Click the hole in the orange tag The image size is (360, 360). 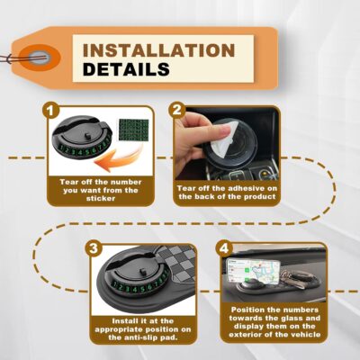click(37, 58)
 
